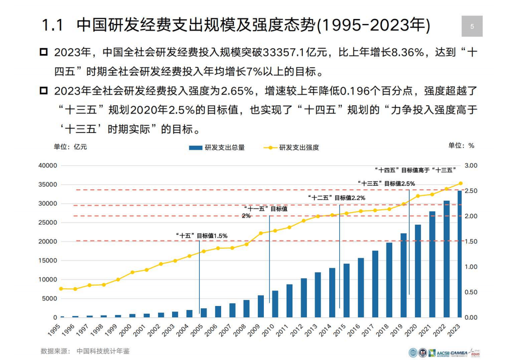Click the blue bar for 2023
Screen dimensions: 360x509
click(460, 254)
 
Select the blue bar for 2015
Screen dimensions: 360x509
click(346, 290)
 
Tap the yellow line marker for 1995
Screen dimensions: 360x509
click(61, 289)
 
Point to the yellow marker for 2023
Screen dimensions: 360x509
click(460, 183)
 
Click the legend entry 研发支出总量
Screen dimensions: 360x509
click(217, 148)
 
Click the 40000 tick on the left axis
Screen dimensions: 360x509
click(47, 166)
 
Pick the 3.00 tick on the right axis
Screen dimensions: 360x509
click(471, 166)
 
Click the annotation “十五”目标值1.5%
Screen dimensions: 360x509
click(201, 236)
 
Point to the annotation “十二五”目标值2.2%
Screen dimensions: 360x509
click(336, 197)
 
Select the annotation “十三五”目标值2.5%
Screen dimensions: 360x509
click(386, 183)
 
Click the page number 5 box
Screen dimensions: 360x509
click(472, 26)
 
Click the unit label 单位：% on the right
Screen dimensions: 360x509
click(461, 146)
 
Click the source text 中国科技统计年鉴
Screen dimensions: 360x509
click(103, 351)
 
